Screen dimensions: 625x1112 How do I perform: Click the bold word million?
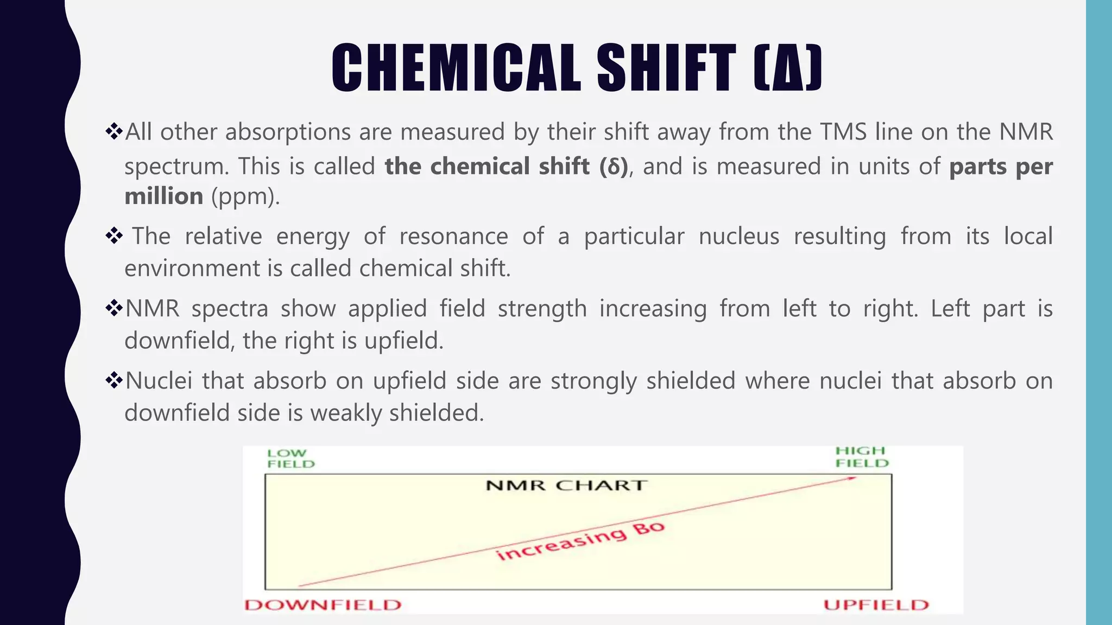point(164,196)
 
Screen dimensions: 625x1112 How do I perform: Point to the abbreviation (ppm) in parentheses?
point(245,196)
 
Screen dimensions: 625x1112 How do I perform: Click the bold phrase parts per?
point(1001,166)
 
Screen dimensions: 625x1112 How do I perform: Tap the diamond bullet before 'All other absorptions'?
point(114,131)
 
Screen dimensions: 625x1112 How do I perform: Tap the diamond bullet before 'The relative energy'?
point(114,236)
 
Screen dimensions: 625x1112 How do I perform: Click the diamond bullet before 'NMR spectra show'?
point(114,308)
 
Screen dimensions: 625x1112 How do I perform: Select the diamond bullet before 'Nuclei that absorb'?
point(114,380)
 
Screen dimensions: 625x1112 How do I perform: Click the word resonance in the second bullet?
point(453,237)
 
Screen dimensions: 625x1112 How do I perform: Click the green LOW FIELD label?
point(290,458)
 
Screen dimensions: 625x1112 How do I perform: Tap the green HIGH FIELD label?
point(861,457)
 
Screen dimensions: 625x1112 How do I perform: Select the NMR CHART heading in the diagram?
point(566,485)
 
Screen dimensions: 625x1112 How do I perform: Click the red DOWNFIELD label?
point(323,605)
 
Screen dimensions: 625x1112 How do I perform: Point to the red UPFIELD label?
point(876,605)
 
